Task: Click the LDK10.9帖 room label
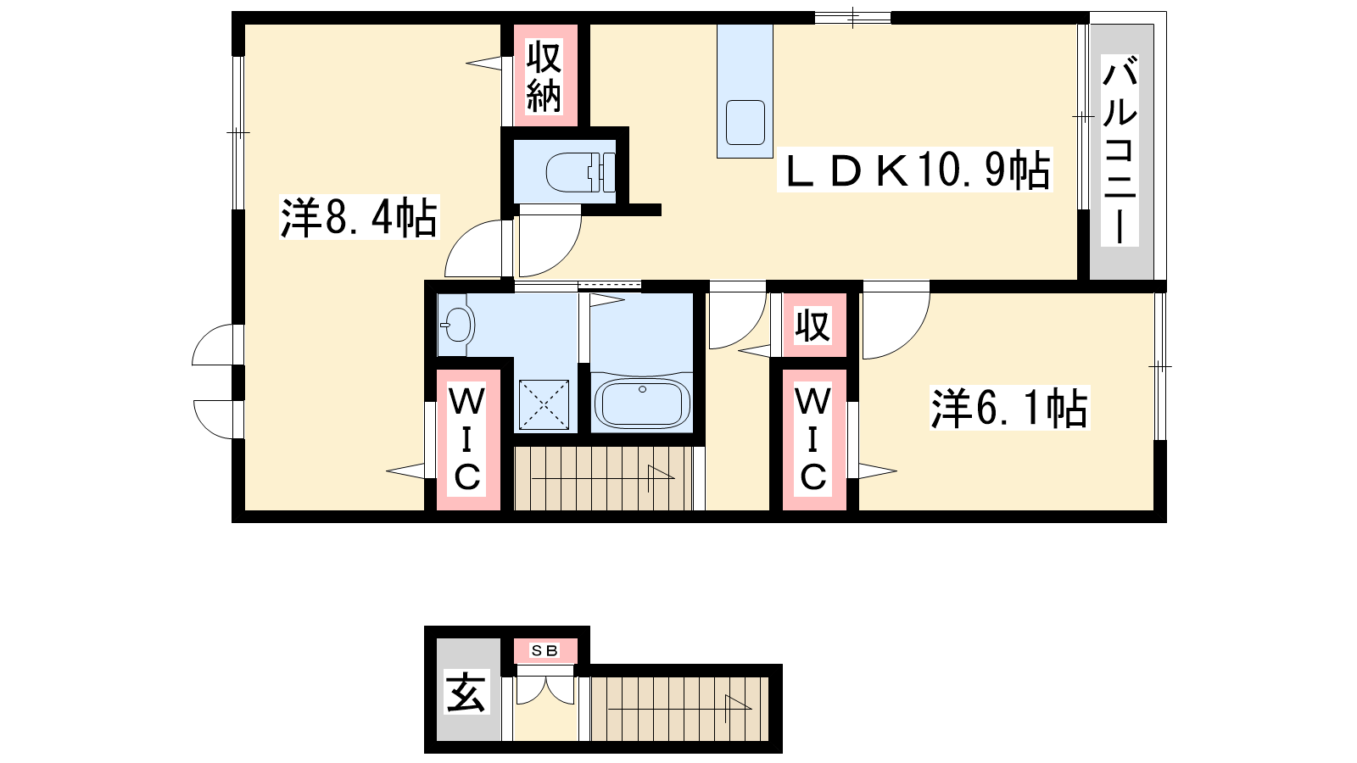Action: coord(915,170)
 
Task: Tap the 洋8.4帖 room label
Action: coord(359,217)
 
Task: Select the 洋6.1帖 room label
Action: coord(1009,408)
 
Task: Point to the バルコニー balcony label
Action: coord(1120,150)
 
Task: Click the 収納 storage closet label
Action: coord(544,76)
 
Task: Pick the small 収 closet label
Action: coord(813,326)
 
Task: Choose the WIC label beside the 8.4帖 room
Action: coord(467,439)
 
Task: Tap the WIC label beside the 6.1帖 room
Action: coord(813,439)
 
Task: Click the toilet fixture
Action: coord(580,172)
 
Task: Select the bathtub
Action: coord(642,403)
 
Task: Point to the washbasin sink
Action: coord(457,326)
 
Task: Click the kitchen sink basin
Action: coord(746,122)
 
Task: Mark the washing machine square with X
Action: coord(544,404)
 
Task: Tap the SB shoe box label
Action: coord(544,651)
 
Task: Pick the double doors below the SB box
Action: coord(544,690)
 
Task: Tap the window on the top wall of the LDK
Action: coord(852,18)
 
